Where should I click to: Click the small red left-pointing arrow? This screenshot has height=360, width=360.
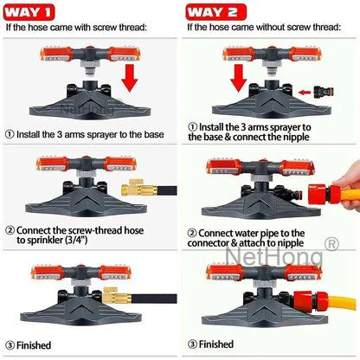(x=304, y=91)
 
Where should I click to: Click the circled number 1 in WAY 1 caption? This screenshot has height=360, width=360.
(x=10, y=134)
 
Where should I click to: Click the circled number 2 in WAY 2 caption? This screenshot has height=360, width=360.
(x=191, y=233)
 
